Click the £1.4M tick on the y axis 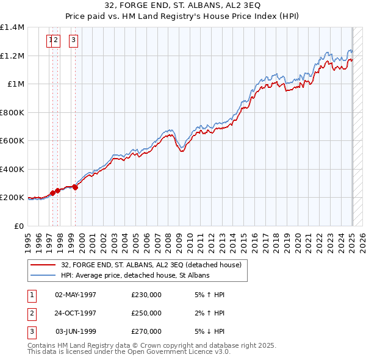(13, 27)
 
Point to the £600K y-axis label (13, 141)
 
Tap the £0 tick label (20, 226)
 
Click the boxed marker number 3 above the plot (73, 41)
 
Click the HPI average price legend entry (135, 276)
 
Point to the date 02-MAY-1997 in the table (76, 295)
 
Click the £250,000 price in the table (146, 313)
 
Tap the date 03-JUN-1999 (76, 331)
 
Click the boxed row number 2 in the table (31, 313)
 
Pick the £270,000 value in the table (146, 331)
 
